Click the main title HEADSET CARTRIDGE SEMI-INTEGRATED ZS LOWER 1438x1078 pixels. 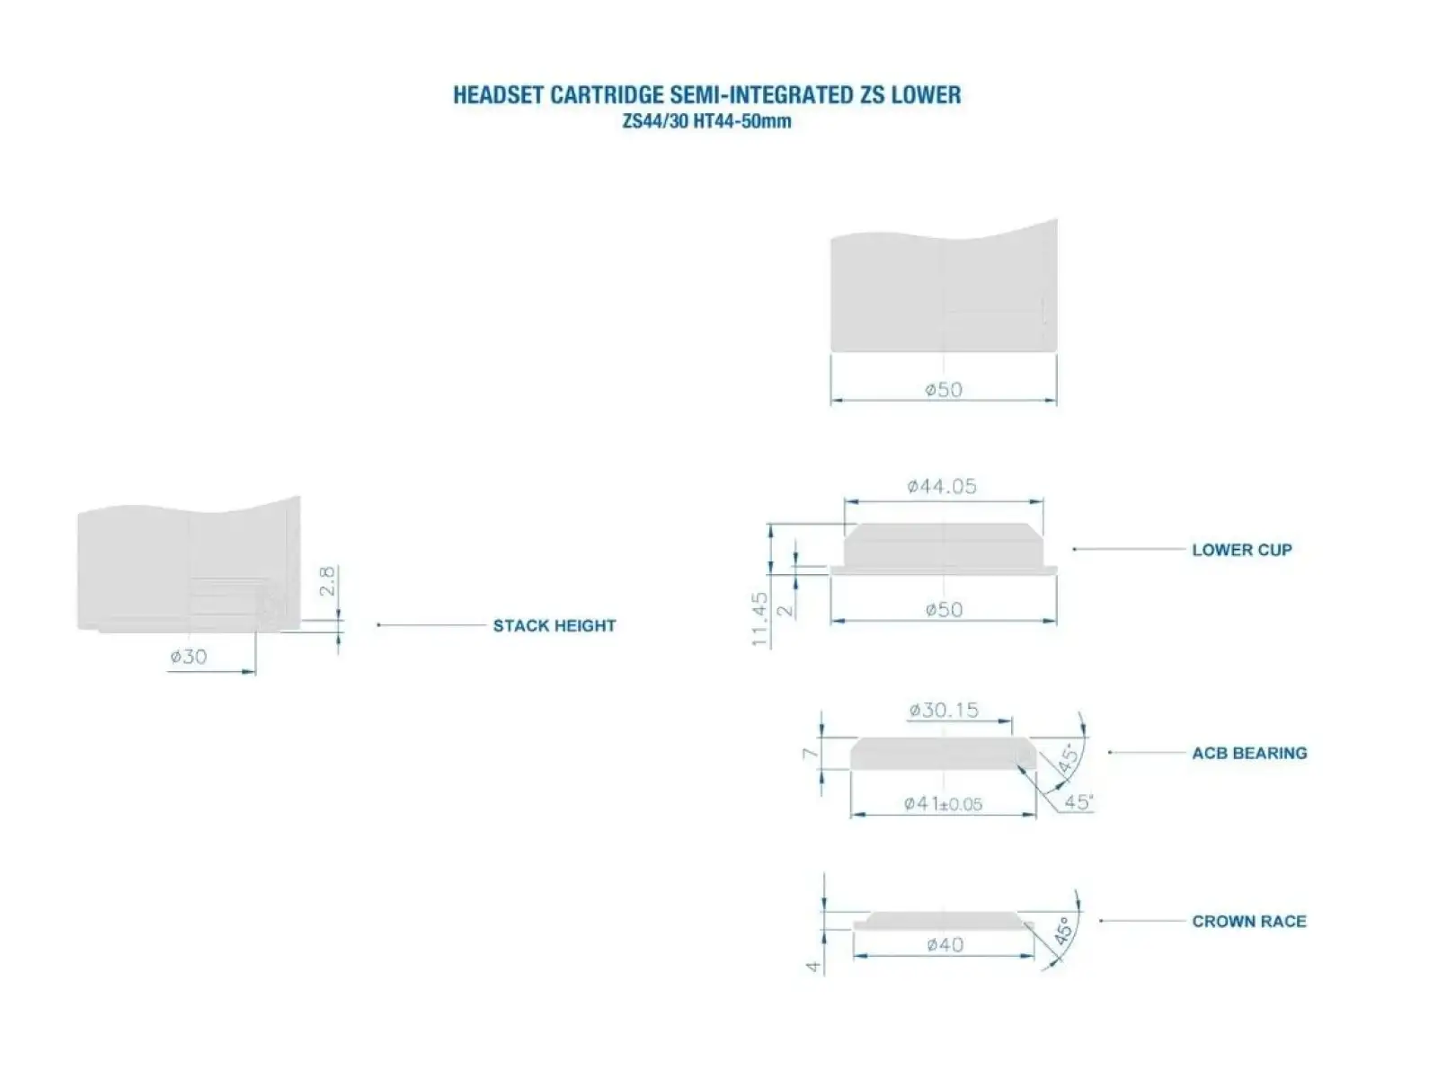[707, 95]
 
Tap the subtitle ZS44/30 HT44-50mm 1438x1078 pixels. [707, 122]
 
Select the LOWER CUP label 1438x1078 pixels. [1241, 550]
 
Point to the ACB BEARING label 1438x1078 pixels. [1249, 754]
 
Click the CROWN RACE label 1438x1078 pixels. [1249, 922]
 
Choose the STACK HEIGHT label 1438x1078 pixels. [555, 626]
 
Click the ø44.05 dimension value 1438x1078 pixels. [941, 486]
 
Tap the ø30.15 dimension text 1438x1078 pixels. [944, 711]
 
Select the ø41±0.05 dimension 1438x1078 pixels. [943, 804]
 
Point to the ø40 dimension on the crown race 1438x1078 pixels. [945, 944]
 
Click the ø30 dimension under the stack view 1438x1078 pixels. [189, 657]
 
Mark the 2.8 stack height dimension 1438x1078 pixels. [327, 581]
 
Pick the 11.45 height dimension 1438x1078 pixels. [760, 619]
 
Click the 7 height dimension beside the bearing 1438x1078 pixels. [811, 754]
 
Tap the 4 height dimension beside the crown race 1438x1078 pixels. [813, 967]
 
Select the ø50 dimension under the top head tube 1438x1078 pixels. [944, 390]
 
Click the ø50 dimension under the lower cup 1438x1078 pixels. [944, 610]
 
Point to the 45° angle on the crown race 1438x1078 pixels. [1062, 932]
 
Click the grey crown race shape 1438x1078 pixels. [944, 920]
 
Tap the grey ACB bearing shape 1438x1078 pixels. [944, 754]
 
